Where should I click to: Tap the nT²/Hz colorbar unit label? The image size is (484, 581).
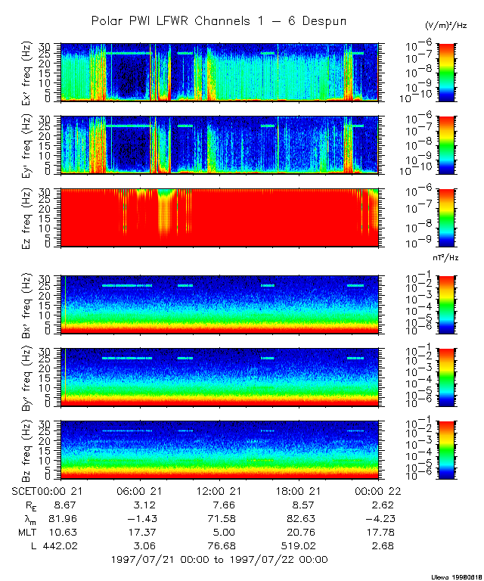pos(446,258)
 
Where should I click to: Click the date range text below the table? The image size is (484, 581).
pos(219,560)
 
